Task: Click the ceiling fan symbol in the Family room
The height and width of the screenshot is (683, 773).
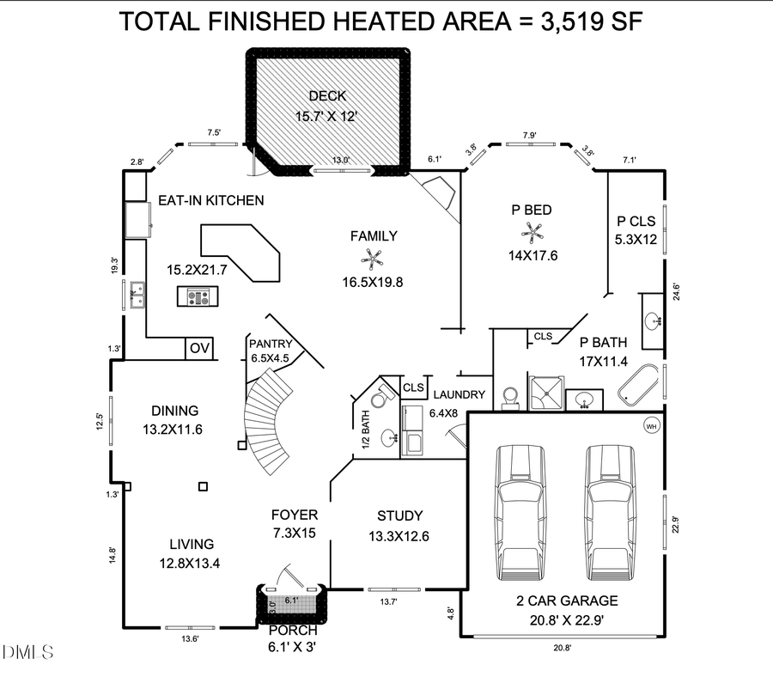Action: [374, 257]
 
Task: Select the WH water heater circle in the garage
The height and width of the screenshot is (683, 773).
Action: [650, 424]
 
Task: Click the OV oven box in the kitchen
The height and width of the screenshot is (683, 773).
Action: [199, 349]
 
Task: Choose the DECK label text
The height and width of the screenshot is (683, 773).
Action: [327, 95]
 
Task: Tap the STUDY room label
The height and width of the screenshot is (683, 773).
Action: [399, 515]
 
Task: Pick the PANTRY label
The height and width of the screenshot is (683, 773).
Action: [271, 344]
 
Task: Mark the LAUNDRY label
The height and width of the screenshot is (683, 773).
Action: [459, 394]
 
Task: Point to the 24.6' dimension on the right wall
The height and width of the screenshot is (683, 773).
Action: [677, 291]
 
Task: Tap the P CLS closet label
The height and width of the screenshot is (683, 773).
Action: [636, 219]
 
